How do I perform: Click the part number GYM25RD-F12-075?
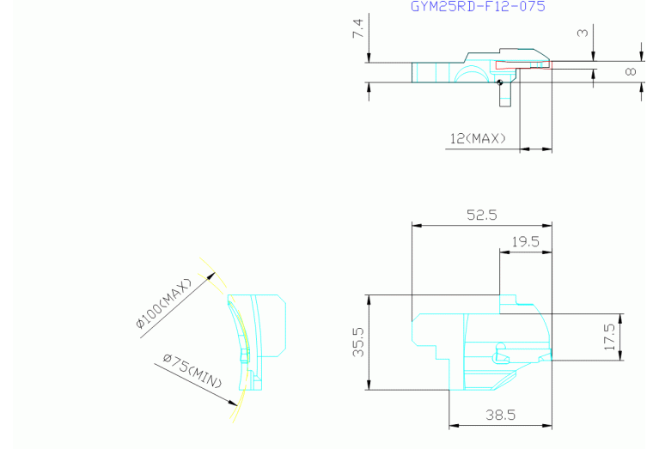coord(478,6)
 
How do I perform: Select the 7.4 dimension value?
coord(358,28)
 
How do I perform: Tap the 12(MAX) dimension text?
coord(478,138)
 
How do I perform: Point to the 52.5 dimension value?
coord(482,215)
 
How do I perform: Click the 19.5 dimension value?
coord(525,242)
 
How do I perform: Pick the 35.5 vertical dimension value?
coord(358,342)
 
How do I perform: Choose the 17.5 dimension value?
coord(609,337)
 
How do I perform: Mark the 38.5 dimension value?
coord(501,415)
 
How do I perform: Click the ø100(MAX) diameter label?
coord(164,303)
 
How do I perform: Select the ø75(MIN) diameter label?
coord(192,371)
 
